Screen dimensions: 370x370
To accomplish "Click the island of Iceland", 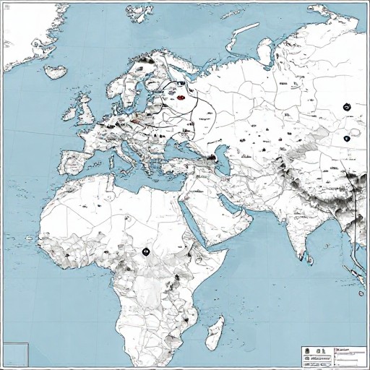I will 54,71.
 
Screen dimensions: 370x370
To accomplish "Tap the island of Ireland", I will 72,113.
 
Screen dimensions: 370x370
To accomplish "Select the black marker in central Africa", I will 145,252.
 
